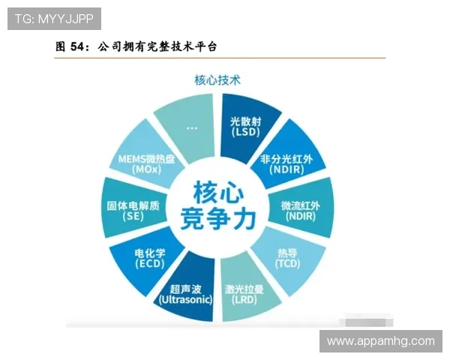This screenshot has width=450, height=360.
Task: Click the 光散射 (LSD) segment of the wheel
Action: tap(246, 125)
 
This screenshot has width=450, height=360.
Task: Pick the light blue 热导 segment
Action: tap(287, 256)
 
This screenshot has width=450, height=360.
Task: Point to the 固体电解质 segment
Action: tap(134, 209)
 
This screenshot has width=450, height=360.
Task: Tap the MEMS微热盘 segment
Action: tap(147, 163)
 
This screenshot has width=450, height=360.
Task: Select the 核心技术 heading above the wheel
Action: tap(217, 79)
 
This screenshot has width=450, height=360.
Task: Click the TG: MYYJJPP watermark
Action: tap(54, 19)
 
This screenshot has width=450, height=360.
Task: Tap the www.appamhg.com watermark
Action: tap(380, 341)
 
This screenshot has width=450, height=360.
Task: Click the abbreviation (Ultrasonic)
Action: tap(185, 299)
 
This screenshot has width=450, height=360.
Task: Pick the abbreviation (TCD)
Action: tap(287, 264)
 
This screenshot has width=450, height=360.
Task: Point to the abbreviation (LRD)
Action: tap(245, 299)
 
